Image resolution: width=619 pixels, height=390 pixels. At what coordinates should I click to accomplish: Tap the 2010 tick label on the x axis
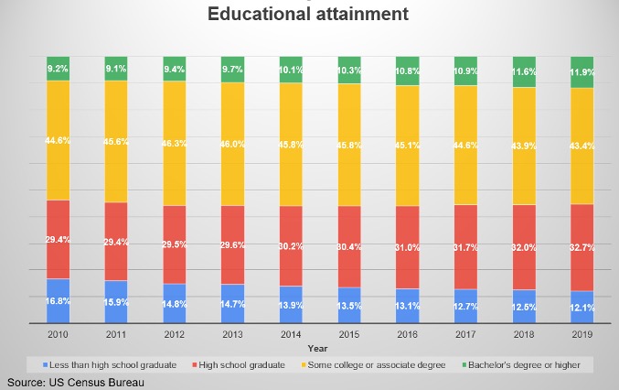(58, 335)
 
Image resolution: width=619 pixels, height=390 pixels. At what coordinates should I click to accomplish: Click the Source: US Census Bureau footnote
(77, 381)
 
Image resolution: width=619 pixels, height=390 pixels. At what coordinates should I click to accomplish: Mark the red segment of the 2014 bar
(290, 245)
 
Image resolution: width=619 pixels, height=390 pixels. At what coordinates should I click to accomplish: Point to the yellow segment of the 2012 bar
(174, 143)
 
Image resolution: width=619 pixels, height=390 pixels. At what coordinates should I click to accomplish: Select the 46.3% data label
(174, 145)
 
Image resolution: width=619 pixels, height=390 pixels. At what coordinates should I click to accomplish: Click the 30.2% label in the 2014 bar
(290, 245)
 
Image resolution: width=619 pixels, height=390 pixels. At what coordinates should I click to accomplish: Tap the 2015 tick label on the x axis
(348, 335)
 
